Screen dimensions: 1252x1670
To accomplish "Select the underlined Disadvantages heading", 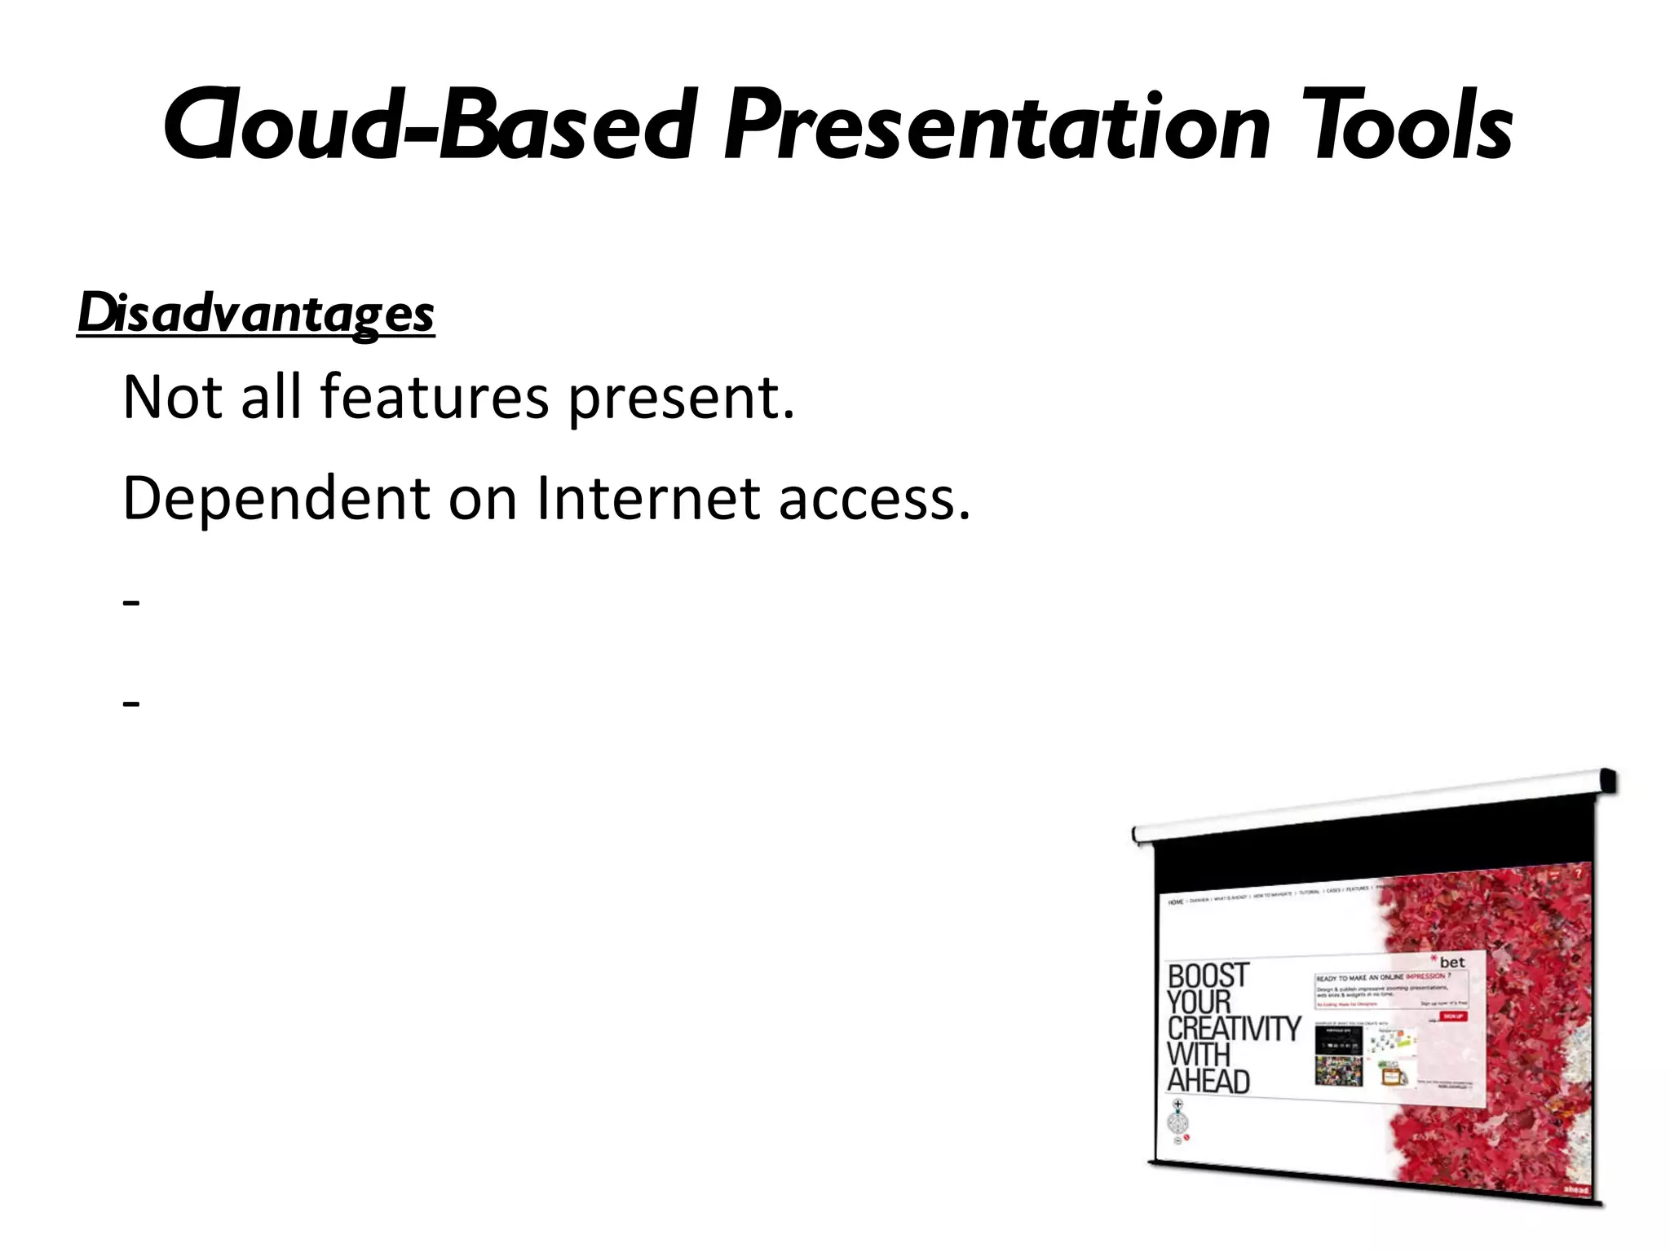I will (x=256, y=314).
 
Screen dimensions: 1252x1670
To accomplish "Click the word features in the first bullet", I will (x=435, y=398).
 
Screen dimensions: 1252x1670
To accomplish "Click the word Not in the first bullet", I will (x=172, y=398).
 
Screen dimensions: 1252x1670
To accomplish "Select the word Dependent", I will (x=276, y=499).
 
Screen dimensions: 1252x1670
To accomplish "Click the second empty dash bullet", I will (x=131, y=703).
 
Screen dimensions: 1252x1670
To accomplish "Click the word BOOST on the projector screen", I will (x=1208, y=976).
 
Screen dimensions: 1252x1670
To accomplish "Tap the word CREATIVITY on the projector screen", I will (x=1234, y=1029).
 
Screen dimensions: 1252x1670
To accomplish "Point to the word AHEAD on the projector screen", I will (x=1208, y=1082).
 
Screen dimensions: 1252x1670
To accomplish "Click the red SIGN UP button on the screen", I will (x=1453, y=1016).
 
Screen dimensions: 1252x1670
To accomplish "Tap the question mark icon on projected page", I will (x=1578, y=873).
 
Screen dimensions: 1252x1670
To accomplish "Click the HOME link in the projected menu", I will (x=1175, y=902).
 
